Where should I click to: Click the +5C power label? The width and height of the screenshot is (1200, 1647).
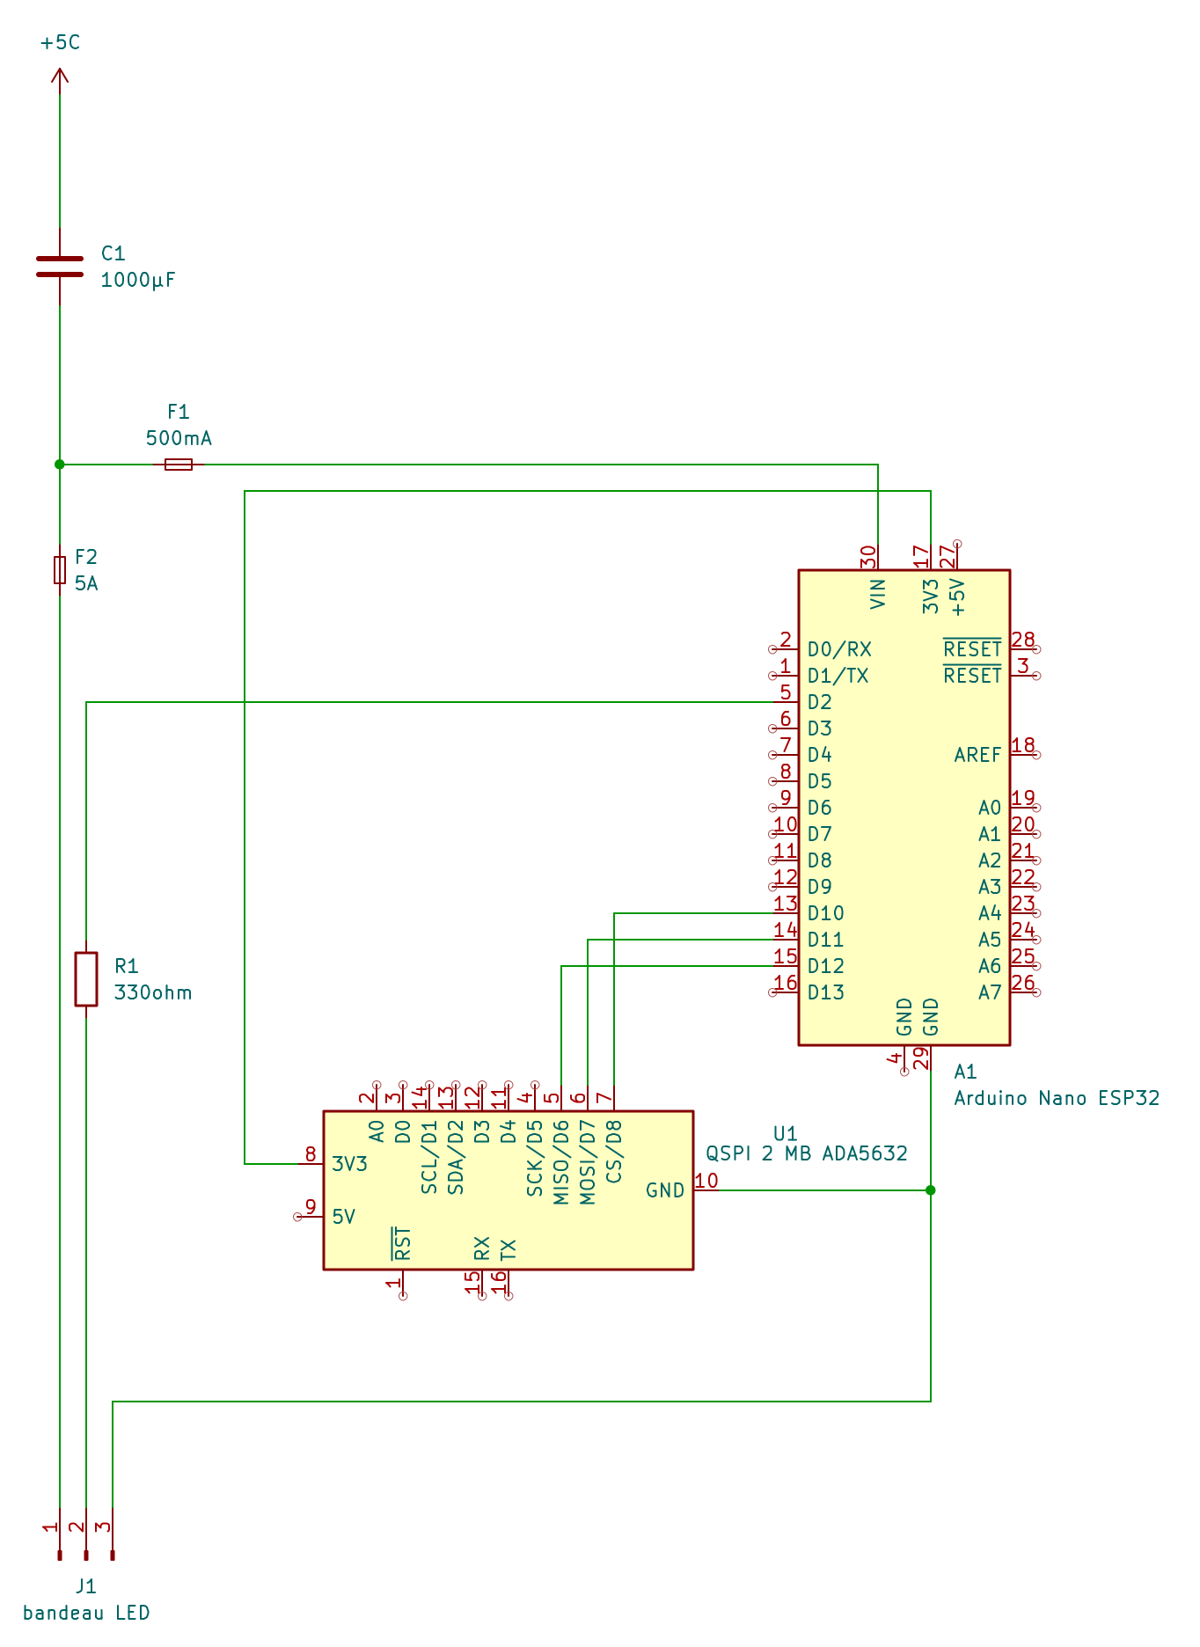60,42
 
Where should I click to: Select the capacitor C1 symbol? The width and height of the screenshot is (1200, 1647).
60,266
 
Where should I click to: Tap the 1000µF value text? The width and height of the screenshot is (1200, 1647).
138,281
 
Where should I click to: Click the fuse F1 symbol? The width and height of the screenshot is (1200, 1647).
179,464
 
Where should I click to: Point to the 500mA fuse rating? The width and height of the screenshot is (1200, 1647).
179,438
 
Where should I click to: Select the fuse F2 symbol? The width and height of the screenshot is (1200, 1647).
60,569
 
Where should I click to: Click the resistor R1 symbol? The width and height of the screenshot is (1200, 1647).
86,978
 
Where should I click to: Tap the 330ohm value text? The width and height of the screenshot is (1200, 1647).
153,992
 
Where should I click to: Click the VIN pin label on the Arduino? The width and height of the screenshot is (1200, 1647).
878,594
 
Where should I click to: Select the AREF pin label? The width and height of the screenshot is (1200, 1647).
977,755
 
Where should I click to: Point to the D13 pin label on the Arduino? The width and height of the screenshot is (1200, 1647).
825,992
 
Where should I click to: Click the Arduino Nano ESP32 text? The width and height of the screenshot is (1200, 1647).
1057,1098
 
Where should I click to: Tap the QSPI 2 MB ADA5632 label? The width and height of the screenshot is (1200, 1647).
807,1153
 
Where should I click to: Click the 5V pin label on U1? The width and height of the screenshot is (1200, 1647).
344,1217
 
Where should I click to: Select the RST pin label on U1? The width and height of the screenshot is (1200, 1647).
402,1244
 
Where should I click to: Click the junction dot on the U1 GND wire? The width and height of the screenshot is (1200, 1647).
931,1190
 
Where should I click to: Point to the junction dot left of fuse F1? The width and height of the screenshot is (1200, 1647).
60,464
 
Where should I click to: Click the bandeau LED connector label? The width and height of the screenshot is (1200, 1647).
86,1613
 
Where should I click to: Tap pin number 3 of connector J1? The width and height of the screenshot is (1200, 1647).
102,1527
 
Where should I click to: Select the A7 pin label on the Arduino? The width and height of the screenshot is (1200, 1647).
990,992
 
